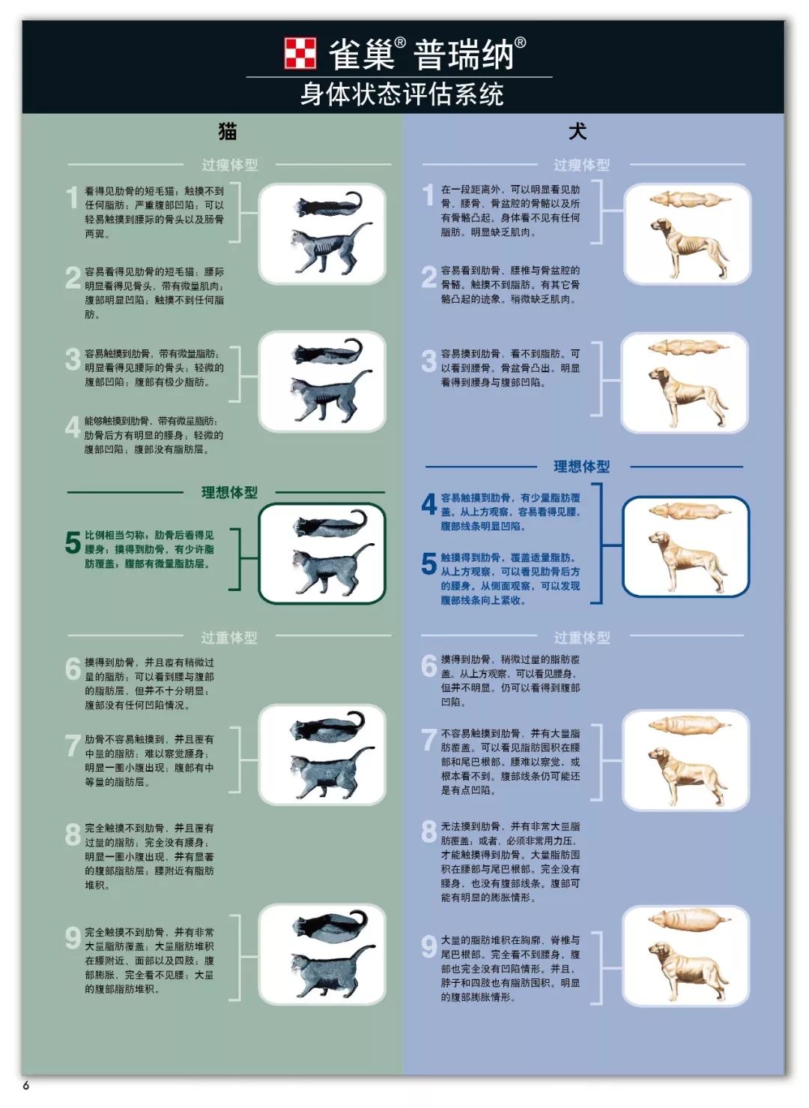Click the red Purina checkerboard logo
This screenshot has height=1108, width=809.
point(300,52)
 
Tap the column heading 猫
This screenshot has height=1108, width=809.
point(228,132)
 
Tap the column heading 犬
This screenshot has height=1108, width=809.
point(578,132)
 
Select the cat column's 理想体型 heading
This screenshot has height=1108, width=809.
point(229,492)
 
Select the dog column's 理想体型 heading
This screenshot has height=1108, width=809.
point(581,467)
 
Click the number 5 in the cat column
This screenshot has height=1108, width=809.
point(73,542)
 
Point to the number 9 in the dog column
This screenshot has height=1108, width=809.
point(428,946)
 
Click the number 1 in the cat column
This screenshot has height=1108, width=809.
point(72,198)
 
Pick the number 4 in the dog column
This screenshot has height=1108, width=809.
point(428,504)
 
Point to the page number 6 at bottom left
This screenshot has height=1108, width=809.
point(25,1086)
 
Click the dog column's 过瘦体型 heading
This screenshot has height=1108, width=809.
point(581,165)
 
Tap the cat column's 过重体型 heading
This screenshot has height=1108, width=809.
point(229,638)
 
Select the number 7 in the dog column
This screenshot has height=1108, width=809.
point(428,739)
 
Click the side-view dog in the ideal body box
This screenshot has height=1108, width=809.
point(688,562)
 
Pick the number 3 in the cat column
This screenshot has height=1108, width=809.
point(72,360)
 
